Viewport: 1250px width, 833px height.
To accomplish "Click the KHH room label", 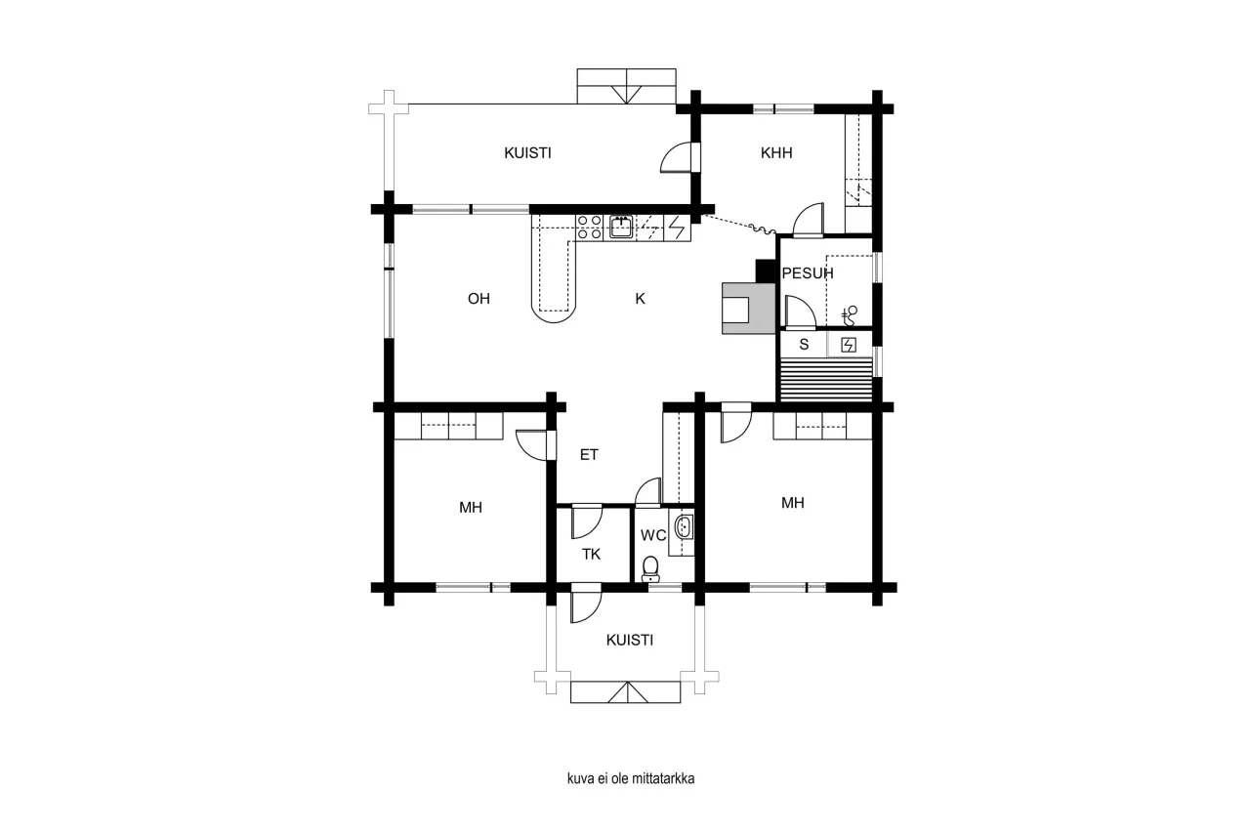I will point(776,153).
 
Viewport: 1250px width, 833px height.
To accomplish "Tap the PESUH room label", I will point(808,273).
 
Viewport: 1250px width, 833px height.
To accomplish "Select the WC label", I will point(652,535).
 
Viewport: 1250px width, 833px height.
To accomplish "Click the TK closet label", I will point(591,554).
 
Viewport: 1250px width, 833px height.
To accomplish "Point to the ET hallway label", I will point(589,454).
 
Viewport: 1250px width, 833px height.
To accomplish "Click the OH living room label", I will point(479,299).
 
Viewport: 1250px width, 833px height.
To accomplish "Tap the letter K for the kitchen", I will point(641,299).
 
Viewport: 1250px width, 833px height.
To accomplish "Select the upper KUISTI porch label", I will point(527,153).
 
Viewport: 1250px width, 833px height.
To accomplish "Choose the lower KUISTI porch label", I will point(629,641).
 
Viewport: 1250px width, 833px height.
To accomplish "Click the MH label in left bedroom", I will point(471,508).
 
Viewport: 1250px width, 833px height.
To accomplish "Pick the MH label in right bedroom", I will point(792,503).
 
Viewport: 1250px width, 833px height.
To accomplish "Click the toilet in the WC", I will point(650,568).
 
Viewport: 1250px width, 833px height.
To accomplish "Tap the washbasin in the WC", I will point(685,528).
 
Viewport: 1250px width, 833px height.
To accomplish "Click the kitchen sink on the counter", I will point(621,227).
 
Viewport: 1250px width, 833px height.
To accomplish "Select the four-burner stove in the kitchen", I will point(589,227).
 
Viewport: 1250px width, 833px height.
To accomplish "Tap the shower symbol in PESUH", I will point(850,314).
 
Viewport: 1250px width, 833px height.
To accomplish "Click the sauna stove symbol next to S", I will point(849,344).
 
